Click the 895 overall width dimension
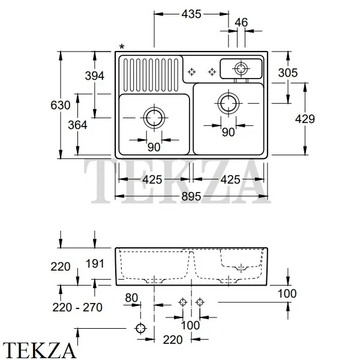(x=191, y=197)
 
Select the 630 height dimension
(x=61, y=105)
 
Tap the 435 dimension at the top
(x=191, y=13)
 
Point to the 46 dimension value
(x=241, y=23)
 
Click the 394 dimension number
(x=95, y=76)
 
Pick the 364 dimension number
(x=77, y=125)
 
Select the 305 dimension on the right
(x=288, y=73)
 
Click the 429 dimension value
(x=305, y=119)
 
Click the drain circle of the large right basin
(x=229, y=103)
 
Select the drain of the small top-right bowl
(x=241, y=67)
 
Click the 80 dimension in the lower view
(x=132, y=296)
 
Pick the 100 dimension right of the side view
(x=287, y=293)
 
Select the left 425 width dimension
(x=153, y=179)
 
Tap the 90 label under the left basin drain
(x=154, y=147)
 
